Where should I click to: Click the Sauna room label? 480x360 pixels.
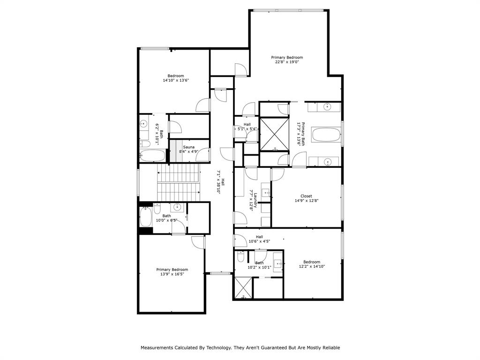(x=189, y=147)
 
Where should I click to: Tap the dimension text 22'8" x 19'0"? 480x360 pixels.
(x=287, y=62)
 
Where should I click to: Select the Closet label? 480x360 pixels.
(x=306, y=196)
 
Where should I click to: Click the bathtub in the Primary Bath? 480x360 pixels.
(x=326, y=135)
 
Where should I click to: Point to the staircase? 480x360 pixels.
(x=178, y=183)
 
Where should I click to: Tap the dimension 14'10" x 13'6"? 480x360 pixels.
(x=176, y=80)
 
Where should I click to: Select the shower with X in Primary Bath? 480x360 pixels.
(x=274, y=135)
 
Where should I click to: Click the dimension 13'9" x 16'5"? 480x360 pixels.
(x=172, y=274)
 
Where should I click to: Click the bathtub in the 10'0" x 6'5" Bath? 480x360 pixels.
(x=146, y=217)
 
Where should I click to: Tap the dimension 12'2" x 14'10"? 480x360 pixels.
(x=312, y=266)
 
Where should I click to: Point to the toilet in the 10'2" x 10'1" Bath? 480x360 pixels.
(x=240, y=257)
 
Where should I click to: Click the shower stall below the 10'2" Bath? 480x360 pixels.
(x=243, y=288)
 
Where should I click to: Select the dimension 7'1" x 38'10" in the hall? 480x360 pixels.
(x=218, y=182)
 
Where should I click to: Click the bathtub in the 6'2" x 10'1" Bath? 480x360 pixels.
(x=152, y=156)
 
